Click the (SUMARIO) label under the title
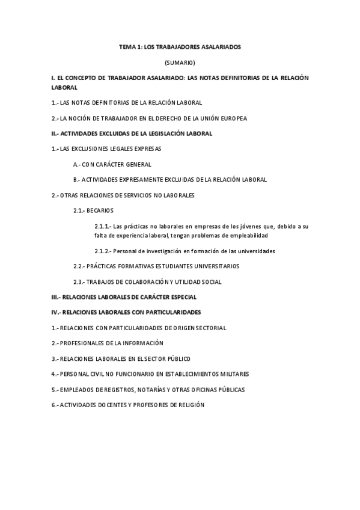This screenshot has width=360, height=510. click(180, 63)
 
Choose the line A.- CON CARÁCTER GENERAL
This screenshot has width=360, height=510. click(111, 164)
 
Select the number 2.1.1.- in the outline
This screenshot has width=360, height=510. click(103, 226)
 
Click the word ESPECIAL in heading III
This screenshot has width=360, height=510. click(183, 297)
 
